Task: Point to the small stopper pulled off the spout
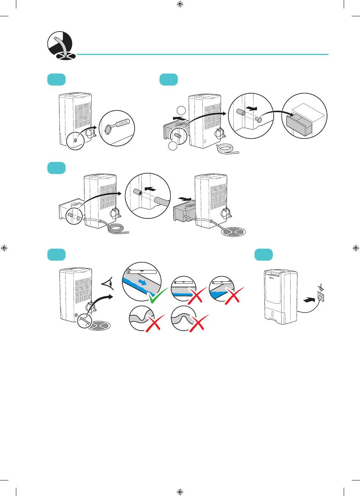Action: tap(259, 119)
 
